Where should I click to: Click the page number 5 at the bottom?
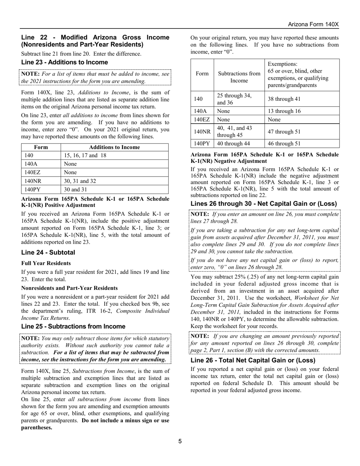click(x=180, y=441)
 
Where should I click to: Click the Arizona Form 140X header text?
click(x=313, y=24)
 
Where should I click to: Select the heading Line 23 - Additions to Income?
click(x=64, y=62)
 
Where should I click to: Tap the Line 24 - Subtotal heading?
click(x=48, y=252)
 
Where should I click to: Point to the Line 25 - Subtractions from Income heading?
click(x=73, y=326)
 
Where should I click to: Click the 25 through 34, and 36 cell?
click(x=233, y=99)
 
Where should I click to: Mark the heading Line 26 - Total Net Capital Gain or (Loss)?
click(x=253, y=360)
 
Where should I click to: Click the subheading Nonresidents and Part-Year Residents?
click(x=69, y=288)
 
